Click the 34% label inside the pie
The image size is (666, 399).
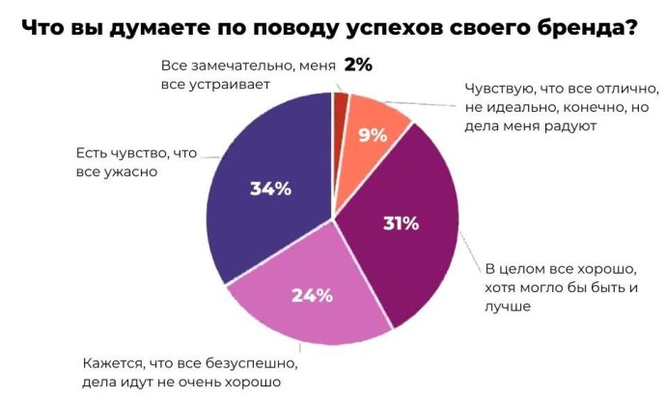pos(270,189)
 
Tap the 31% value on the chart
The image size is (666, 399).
pos(400,225)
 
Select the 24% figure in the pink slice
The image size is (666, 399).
pos(312,296)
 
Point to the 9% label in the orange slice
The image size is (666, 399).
pos(373,136)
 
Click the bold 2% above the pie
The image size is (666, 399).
pos(358,66)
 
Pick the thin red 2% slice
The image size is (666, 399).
pos(340,103)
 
